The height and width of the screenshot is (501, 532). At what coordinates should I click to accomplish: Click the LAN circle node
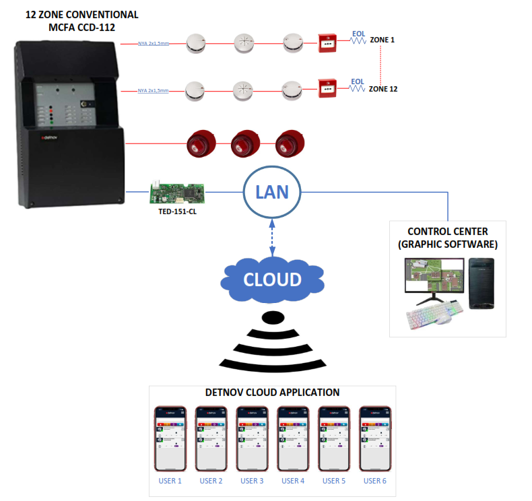point(271,193)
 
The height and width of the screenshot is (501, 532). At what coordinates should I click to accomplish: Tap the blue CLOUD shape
point(272,279)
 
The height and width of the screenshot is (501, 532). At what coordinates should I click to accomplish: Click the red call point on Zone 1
point(328,44)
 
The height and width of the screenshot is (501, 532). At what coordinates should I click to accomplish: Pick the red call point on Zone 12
point(328,88)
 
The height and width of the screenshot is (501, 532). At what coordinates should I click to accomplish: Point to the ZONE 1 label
point(382,40)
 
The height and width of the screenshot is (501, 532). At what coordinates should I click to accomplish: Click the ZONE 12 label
point(384,88)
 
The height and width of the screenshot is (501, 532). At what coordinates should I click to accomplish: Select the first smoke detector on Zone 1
point(195,44)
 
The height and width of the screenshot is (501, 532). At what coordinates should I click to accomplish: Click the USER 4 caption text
point(292,481)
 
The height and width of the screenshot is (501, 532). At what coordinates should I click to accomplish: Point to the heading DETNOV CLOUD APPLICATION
point(272,393)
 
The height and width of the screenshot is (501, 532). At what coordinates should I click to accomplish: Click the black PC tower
point(481,283)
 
